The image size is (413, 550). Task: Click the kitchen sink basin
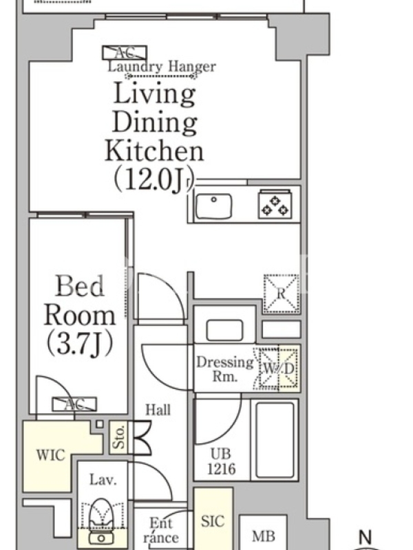[x=213, y=206]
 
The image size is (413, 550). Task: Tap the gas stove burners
[x=275, y=205]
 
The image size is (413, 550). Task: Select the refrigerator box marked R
[x=282, y=294]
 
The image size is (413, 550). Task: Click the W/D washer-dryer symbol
[x=278, y=368]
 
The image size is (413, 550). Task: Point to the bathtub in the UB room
[x=275, y=440]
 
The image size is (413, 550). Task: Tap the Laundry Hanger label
[x=162, y=66]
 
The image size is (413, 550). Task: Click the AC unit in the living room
[x=125, y=53]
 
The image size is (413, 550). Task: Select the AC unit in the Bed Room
[x=74, y=404]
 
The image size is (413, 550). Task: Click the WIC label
[x=50, y=455]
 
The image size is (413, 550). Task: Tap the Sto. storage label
[x=119, y=437]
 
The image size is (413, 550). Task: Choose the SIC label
[x=213, y=521]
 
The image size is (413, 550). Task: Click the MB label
[x=264, y=536]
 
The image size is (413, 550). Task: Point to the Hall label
[x=158, y=410]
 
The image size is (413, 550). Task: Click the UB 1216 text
[x=221, y=461]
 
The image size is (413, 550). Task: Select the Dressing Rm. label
[x=224, y=369]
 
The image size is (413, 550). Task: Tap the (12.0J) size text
[x=153, y=180]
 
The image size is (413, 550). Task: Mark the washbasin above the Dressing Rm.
[x=224, y=330]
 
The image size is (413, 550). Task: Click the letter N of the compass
[x=366, y=537]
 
